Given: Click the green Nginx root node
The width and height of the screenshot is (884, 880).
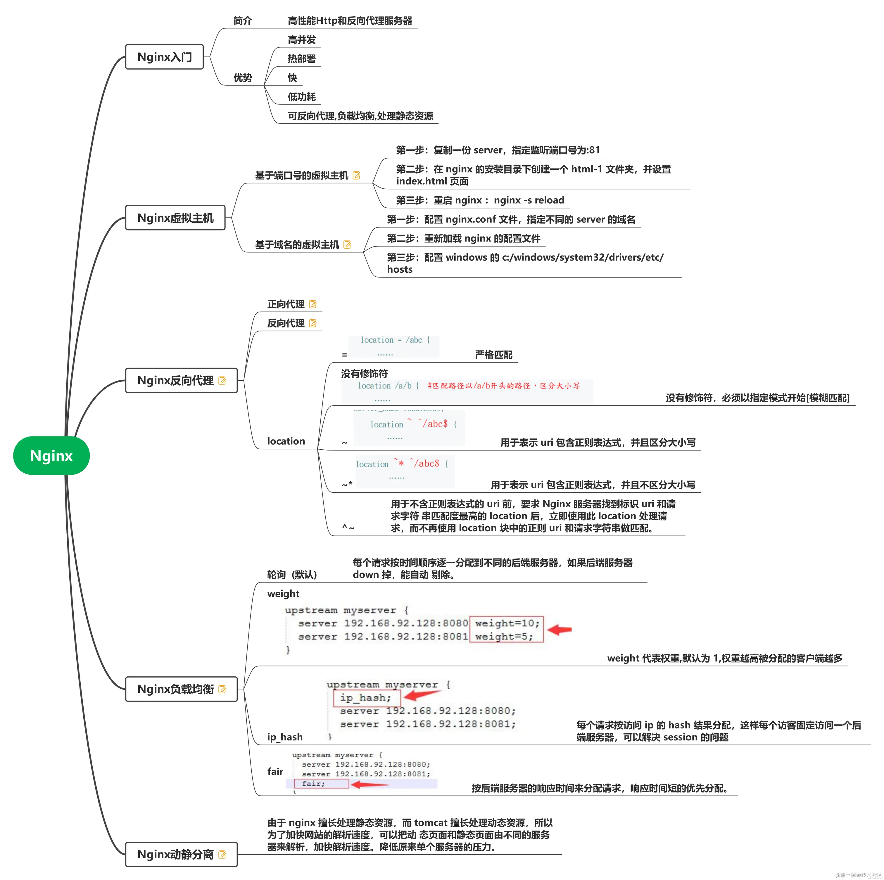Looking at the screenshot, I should [51, 456].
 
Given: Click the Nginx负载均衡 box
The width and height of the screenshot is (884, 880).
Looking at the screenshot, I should [181, 689].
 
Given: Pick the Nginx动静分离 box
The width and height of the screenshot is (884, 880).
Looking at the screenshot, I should [181, 854].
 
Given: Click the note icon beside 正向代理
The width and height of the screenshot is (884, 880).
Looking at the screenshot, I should [313, 304].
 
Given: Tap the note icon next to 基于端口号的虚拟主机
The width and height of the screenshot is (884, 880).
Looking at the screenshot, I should [356, 175].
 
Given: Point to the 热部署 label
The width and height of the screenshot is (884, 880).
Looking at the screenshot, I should [301, 59].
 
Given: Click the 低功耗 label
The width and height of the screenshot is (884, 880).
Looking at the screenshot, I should [301, 97].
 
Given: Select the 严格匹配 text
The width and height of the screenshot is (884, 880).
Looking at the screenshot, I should [493, 354].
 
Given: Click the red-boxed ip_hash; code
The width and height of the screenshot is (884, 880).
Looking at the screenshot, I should [366, 697].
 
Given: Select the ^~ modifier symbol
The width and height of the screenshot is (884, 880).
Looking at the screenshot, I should [348, 527].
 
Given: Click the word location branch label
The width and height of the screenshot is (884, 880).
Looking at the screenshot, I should [286, 441].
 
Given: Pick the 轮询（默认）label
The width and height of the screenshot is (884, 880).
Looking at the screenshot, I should [292, 574].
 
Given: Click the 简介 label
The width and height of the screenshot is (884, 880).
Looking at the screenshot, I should [243, 20].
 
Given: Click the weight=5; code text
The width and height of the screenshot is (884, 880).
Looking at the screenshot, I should [504, 636].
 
